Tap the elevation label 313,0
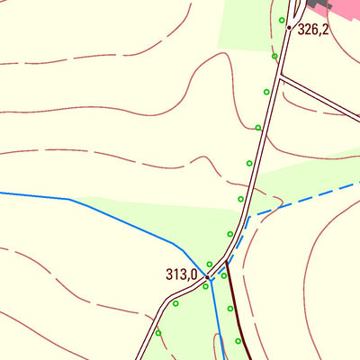181,274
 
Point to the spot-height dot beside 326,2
289,28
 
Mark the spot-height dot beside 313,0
207,277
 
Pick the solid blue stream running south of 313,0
217,315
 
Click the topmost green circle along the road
282,20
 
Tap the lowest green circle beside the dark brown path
238,341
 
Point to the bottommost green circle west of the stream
158,333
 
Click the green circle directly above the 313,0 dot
210,265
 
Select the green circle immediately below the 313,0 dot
205,287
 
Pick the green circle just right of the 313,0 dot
224,275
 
